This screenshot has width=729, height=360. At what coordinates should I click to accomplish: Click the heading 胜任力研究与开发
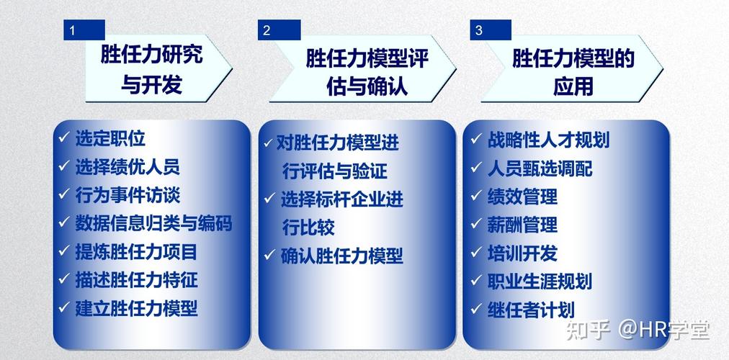click(152, 69)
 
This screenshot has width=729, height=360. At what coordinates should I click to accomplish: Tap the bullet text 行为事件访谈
click(128, 194)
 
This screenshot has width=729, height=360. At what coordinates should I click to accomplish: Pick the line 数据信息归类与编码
click(153, 223)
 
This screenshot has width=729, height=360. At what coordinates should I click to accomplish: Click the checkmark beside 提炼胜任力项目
click(64, 251)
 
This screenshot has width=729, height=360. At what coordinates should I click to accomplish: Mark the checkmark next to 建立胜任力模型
click(64, 307)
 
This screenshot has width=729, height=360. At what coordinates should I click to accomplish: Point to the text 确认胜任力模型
click(341, 255)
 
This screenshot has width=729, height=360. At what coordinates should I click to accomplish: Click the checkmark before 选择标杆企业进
click(269, 199)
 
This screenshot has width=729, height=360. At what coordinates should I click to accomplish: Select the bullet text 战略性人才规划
click(547, 139)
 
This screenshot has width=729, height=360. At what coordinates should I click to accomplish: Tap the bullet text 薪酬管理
click(522, 224)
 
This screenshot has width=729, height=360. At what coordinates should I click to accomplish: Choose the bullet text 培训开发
click(522, 253)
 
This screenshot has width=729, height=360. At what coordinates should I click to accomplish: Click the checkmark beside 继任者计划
click(475, 309)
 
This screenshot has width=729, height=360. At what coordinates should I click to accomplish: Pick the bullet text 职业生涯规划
click(540, 281)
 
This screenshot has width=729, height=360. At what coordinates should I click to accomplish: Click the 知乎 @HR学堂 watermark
click(638, 330)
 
